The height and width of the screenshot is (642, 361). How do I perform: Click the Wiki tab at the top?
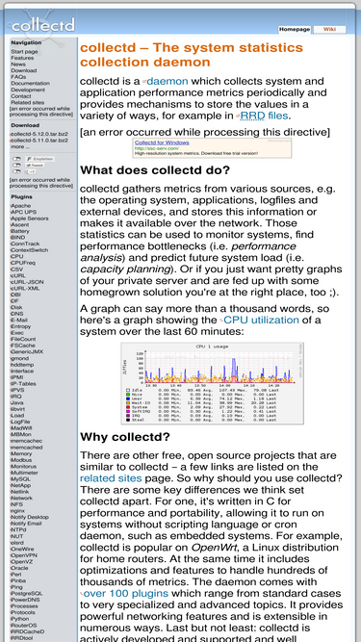click(329, 29)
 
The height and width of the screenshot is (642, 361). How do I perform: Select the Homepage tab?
click(294, 29)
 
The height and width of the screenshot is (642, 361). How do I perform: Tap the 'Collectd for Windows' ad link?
click(163, 141)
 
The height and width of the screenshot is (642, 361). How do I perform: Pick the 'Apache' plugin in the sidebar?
click(20, 206)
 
